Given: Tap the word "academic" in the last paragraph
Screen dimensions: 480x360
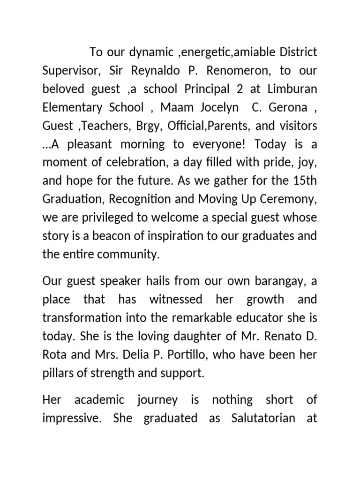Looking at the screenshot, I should click(x=100, y=400).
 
